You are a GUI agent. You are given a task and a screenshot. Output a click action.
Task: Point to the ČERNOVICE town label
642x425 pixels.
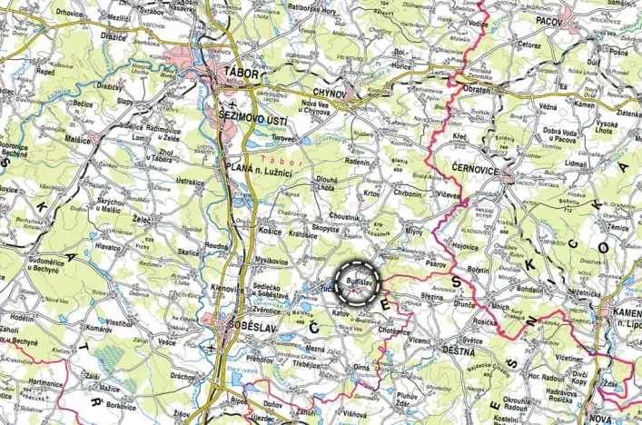pos(480,169)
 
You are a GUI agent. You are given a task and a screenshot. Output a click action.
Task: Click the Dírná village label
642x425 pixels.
pos(363,366)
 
